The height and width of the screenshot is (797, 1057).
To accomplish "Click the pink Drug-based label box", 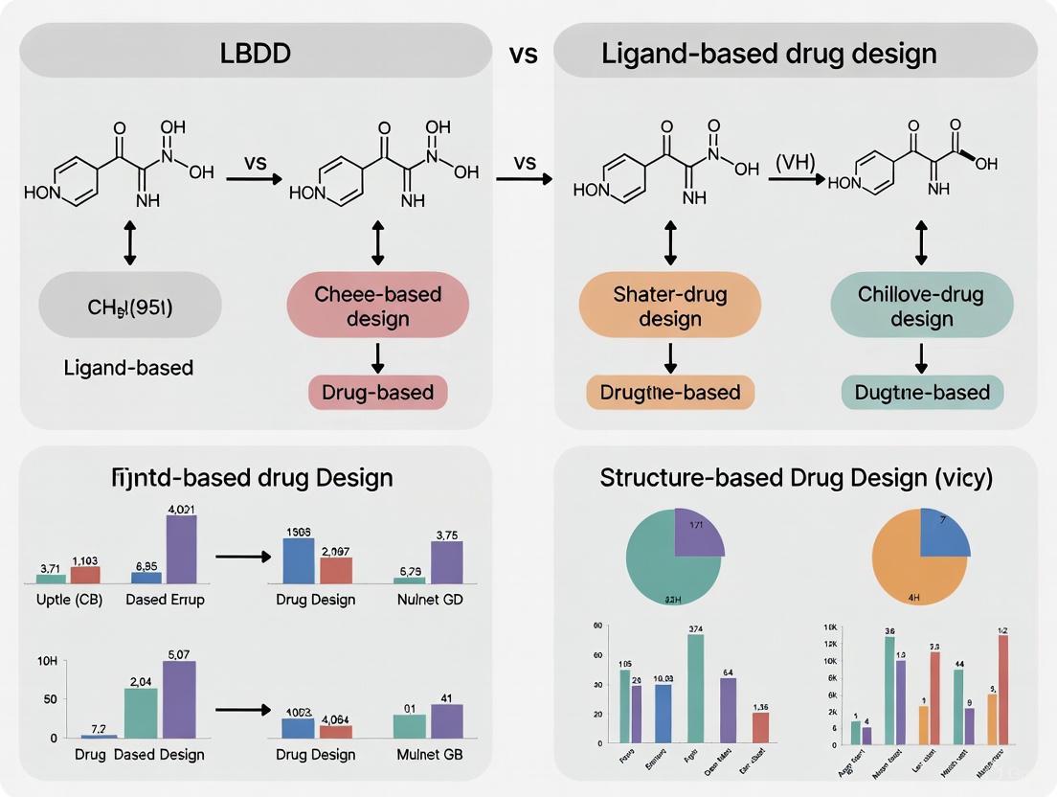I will pyautogui.click(x=377, y=392).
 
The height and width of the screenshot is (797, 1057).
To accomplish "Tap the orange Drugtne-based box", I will pyautogui.click(x=669, y=392).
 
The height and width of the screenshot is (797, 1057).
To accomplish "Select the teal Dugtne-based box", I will pyautogui.click(x=921, y=392).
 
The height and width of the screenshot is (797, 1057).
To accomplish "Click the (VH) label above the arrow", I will pyautogui.click(x=796, y=163).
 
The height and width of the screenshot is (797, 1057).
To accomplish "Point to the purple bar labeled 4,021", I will pyautogui.click(x=181, y=549).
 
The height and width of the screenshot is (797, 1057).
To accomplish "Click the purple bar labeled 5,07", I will pyautogui.click(x=179, y=699).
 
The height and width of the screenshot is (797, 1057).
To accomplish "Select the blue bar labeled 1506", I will pyautogui.click(x=299, y=560).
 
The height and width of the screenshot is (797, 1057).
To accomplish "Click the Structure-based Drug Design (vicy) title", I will pyautogui.click(x=796, y=477).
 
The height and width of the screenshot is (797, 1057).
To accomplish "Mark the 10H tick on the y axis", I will pyautogui.click(x=46, y=662).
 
